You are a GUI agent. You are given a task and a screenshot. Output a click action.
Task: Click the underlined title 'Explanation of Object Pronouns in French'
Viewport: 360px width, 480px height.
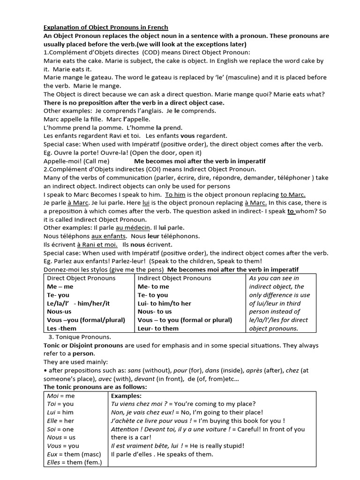tap(105, 27)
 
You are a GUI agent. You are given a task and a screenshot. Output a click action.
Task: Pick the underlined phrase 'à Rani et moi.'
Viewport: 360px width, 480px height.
tap(97, 245)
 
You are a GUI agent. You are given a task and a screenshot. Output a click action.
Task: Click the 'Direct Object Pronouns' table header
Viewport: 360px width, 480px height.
tap(81, 278)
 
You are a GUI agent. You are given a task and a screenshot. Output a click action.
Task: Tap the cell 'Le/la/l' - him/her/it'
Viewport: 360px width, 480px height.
tap(78, 303)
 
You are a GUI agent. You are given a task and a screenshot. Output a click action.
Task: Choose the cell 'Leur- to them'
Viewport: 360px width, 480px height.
tap(158, 329)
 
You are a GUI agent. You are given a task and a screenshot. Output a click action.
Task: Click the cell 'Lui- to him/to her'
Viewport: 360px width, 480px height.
tap(165, 303)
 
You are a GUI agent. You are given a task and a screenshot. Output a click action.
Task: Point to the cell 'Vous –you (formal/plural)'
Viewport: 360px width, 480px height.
tap(86, 320)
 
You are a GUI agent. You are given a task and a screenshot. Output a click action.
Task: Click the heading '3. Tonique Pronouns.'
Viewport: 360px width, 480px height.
tap(80, 337)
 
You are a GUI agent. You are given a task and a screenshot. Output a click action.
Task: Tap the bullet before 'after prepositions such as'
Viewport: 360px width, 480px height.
tap(45, 371)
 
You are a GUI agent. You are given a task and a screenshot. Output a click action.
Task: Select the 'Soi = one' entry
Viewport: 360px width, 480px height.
tap(60, 429)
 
